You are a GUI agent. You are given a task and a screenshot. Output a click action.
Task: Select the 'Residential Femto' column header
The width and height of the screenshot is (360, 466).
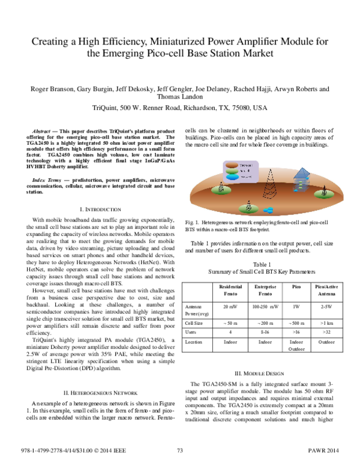point(231,291)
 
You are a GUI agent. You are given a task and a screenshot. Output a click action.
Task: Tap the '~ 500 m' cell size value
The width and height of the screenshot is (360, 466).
point(295,322)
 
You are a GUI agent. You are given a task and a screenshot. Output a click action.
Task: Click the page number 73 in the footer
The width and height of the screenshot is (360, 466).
point(179,450)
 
